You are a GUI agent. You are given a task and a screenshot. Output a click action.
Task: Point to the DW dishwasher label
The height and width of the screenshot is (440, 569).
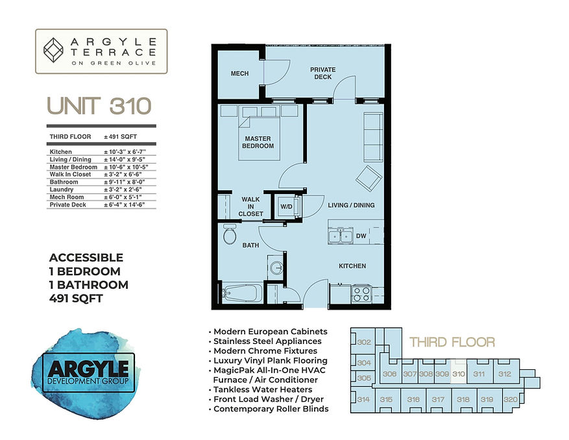pyautogui.click(x=361, y=237)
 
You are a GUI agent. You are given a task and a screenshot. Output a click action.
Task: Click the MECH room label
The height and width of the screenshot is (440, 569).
pyautogui.click(x=239, y=74)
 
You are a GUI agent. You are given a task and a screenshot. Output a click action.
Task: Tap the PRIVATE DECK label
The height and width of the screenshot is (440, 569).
pyautogui.click(x=322, y=73)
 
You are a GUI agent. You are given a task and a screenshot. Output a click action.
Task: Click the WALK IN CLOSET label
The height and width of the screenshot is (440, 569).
pyautogui.click(x=250, y=206)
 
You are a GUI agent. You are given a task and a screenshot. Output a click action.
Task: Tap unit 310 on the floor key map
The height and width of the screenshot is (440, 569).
pyautogui.click(x=459, y=374)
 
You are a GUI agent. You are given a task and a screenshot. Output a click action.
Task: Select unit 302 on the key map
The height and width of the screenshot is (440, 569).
pyautogui.click(x=364, y=342)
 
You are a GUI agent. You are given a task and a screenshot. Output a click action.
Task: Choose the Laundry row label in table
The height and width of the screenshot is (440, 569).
pyautogui.click(x=64, y=189)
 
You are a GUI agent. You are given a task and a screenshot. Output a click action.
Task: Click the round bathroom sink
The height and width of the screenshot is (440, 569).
pyautogui.click(x=275, y=267)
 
